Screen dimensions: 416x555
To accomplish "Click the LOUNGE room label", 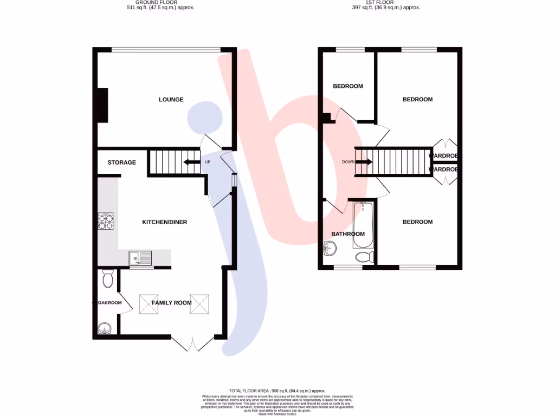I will click(x=171, y=100).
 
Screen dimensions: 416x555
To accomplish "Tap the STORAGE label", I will click(x=121, y=162).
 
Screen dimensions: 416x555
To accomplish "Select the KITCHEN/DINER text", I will click(x=164, y=222).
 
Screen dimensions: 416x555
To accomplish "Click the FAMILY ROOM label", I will click(x=171, y=303).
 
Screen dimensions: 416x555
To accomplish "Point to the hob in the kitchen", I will click(x=106, y=222).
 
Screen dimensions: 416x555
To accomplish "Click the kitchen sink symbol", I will click(x=140, y=259).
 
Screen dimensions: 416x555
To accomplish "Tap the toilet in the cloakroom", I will click(x=107, y=279).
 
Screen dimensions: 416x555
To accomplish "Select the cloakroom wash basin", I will click(x=104, y=327).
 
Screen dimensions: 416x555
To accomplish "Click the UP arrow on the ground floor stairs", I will click(x=191, y=162).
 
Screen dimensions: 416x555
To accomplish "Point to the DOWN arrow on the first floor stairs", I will click(x=364, y=162).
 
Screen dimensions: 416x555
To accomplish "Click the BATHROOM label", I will click(x=348, y=234).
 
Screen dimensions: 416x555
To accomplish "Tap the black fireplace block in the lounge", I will click(x=102, y=105).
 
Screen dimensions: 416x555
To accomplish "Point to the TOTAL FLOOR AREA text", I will click(x=277, y=391).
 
